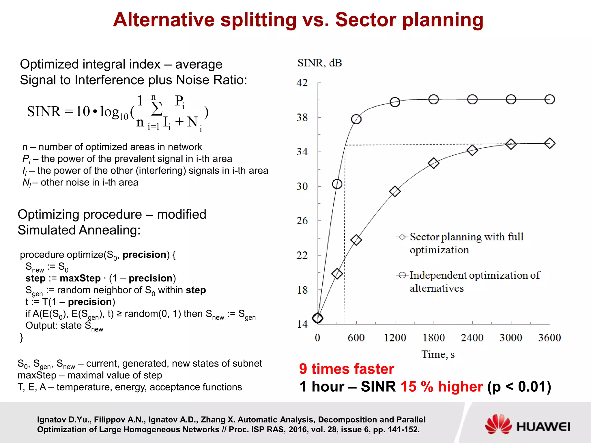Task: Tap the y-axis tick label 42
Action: (302, 83)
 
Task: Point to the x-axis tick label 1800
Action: (433, 337)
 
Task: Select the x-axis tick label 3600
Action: (549, 337)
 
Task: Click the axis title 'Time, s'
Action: (437, 354)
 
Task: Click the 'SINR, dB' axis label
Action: (319, 63)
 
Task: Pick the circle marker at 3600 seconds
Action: (549, 99)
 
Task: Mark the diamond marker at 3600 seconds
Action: (549, 143)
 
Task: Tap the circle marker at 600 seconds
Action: (356, 119)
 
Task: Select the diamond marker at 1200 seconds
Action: (395, 191)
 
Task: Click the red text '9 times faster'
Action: (346, 369)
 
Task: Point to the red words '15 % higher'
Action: (442, 386)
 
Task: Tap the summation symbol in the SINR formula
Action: (157, 109)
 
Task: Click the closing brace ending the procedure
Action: (21, 337)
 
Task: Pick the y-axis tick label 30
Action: (302, 186)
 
